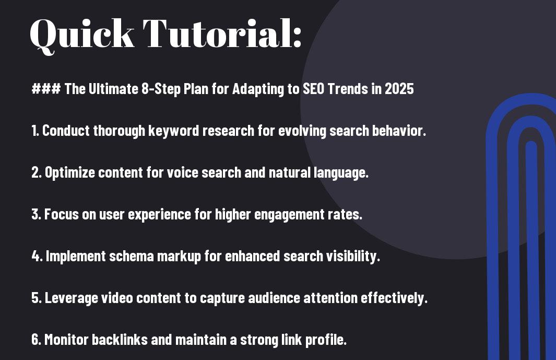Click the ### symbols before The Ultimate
(46, 88)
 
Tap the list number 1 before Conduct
(35, 131)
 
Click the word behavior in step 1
(398, 131)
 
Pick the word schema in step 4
(131, 256)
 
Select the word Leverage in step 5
(72, 298)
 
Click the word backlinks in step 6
(120, 340)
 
